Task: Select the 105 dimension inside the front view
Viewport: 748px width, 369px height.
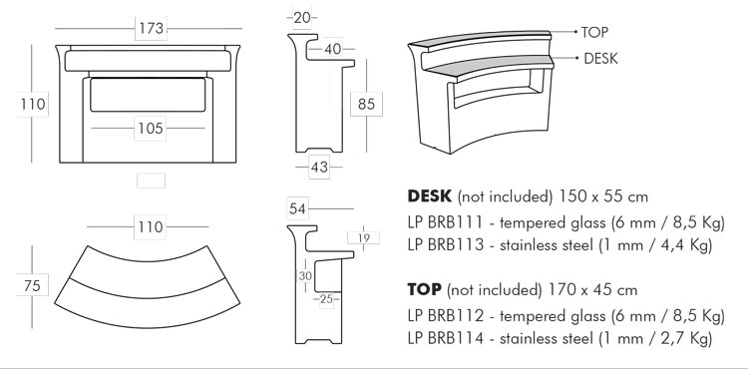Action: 150,128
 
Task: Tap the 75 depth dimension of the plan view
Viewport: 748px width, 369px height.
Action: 33,285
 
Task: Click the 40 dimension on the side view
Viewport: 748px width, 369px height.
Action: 332,49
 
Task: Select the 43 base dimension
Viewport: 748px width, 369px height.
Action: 319,168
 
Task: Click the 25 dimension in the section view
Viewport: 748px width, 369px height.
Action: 324,298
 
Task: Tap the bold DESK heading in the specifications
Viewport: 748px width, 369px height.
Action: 432,194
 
